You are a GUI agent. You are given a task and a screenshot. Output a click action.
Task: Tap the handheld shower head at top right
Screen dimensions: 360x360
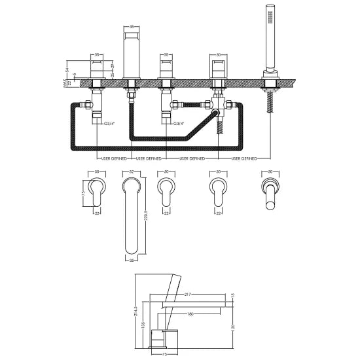(x=268, y=39)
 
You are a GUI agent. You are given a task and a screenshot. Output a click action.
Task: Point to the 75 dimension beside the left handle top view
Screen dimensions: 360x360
(x=84, y=194)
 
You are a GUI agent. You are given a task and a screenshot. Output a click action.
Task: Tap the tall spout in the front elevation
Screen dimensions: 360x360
(x=132, y=56)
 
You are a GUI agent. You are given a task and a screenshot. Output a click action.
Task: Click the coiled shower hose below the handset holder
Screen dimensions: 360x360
(x=268, y=101)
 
